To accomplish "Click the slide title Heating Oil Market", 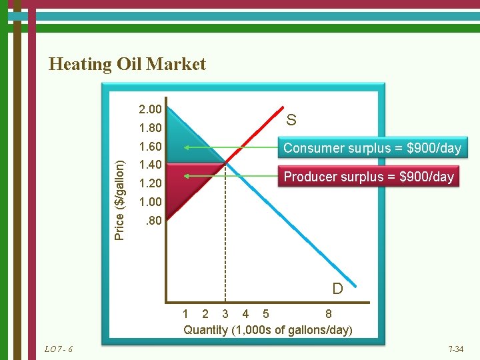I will (x=127, y=64).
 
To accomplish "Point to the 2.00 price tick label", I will (x=149, y=109).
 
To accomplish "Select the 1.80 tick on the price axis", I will (x=149, y=127).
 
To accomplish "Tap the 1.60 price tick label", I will (x=149, y=147).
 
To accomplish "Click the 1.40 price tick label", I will (x=149, y=165).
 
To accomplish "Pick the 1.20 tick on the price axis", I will (x=149, y=183).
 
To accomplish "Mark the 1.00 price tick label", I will (x=149, y=201).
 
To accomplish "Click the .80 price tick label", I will (x=152, y=220).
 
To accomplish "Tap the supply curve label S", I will (x=291, y=120).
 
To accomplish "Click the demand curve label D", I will (x=337, y=289).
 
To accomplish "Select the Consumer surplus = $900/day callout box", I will (x=372, y=148).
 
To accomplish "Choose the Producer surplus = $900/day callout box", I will (x=369, y=177).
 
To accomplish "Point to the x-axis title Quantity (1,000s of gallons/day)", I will (x=267, y=330).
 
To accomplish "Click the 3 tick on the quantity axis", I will (x=225, y=314).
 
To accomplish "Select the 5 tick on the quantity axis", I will (x=266, y=314).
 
